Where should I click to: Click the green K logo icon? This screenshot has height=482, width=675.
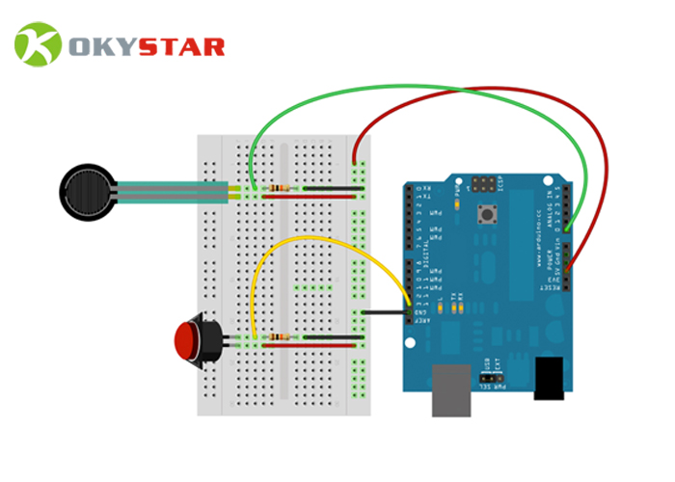(38, 45)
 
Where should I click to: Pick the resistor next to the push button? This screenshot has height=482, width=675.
(280, 336)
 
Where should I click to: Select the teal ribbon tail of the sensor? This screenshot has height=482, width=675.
(174, 191)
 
